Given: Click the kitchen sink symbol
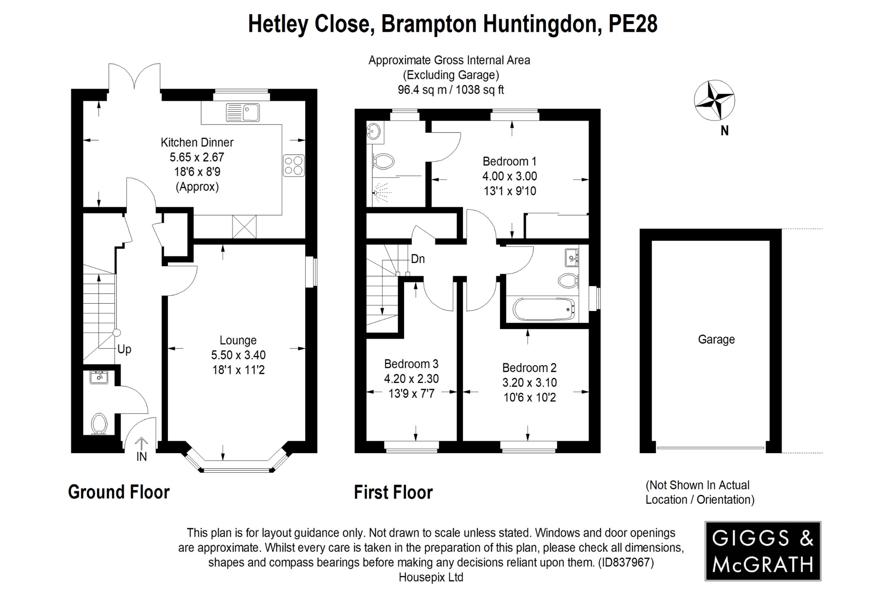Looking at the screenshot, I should click(x=243, y=112).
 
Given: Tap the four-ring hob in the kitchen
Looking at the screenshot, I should click(x=294, y=166).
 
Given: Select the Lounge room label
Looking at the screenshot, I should click(x=238, y=340).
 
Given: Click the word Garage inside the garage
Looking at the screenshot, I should click(x=716, y=340).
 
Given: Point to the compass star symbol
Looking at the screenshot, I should click(x=714, y=100).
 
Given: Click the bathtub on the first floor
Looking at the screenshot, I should click(x=544, y=309).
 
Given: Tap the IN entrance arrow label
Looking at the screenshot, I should click(x=142, y=456).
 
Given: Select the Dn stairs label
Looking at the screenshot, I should click(x=418, y=259).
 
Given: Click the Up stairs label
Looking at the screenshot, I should click(x=124, y=350).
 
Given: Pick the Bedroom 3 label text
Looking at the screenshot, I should click(x=411, y=364).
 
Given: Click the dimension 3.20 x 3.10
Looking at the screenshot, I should click(x=529, y=383).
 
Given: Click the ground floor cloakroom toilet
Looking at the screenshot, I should click(x=99, y=423).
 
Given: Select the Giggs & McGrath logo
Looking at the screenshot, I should click(x=763, y=551).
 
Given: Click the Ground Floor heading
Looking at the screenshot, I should click(x=119, y=492).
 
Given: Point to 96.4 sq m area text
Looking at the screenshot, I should click(x=420, y=90).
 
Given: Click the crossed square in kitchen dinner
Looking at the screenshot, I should click(x=244, y=227).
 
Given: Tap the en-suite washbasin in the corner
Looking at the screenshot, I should click(x=373, y=130).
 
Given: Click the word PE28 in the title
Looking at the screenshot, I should click(x=633, y=24).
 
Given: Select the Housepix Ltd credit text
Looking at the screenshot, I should click(x=431, y=578).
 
